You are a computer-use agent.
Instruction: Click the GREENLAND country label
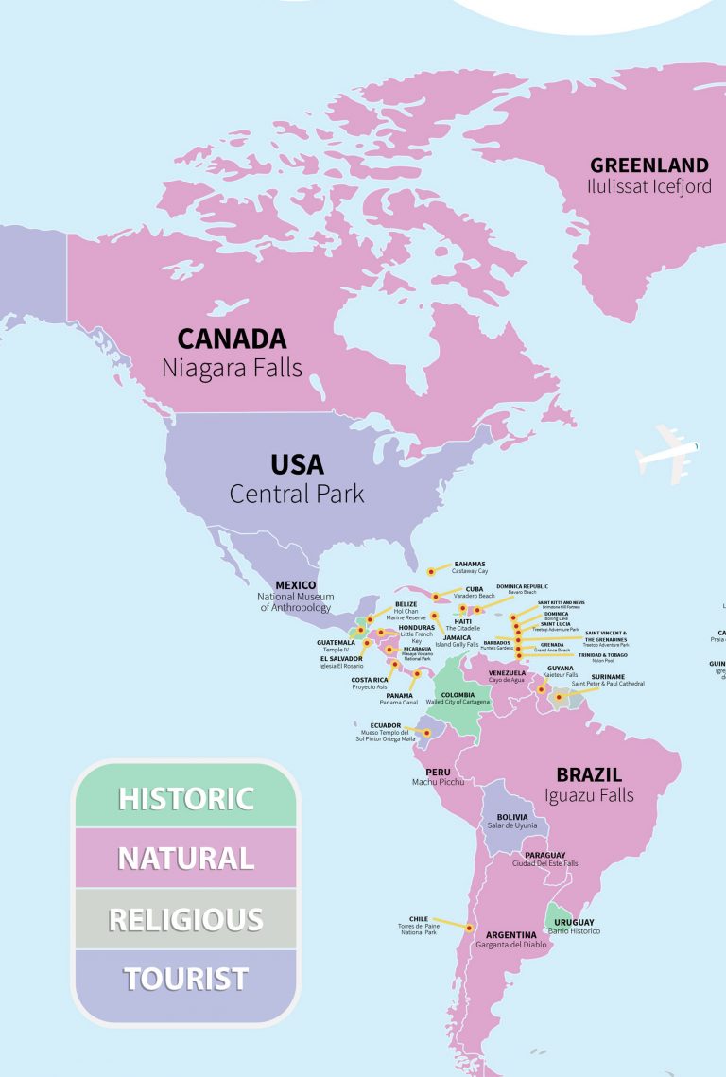pyautogui.click(x=648, y=165)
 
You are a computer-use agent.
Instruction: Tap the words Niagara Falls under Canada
pyautogui.click(x=232, y=368)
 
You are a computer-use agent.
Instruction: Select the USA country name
pyautogui.click(x=297, y=465)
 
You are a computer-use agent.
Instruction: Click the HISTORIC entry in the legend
pyautogui.click(x=185, y=798)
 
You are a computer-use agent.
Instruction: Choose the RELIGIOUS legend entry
pyautogui.click(x=185, y=919)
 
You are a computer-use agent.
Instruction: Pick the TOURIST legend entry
pyautogui.click(x=185, y=979)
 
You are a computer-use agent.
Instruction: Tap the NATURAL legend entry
pyautogui.click(x=185, y=859)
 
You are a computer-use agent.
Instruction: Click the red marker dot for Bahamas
pyautogui.click(x=431, y=571)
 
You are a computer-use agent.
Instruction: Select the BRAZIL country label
pyautogui.click(x=589, y=774)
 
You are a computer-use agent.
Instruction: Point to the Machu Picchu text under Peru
pyautogui.click(x=438, y=782)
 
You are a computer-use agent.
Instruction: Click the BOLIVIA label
pyautogui.click(x=512, y=817)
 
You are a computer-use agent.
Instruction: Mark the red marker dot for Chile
pyautogui.click(x=468, y=928)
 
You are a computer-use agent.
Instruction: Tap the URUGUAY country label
pyautogui.click(x=575, y=922)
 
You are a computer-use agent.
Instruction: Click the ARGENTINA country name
pyautogui.click(x=511, y=935)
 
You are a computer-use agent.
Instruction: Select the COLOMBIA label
pyautogui.click(x=458, y=694)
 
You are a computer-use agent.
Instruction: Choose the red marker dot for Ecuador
pyautogui.click(x=426, y=732)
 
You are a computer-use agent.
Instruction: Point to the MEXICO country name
pyautogui.click(x=295, y=585)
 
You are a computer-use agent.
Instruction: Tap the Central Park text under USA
pyautogui.click(x=297, y=494)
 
